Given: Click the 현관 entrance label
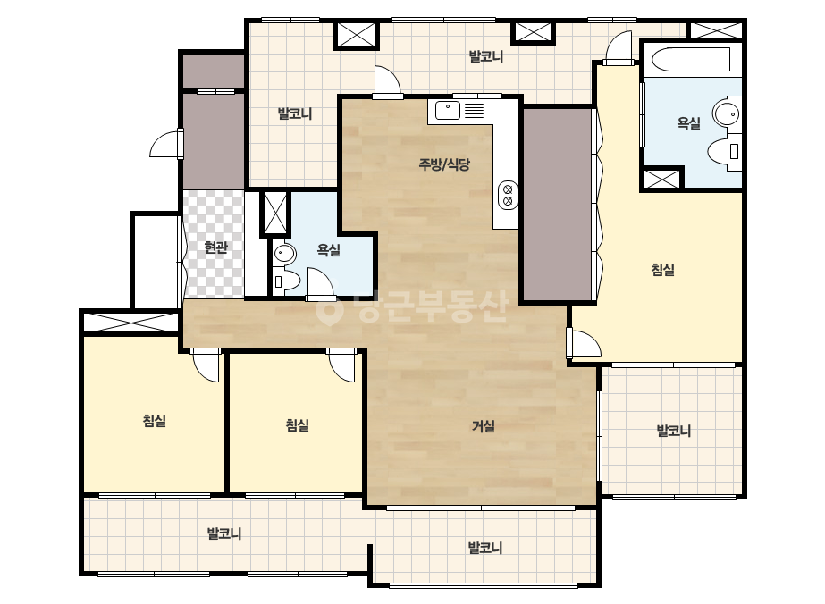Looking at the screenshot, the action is [x=215, y=247].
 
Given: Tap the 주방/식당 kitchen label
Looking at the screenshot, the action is [x=444, y=164].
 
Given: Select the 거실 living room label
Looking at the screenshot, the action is [x=483, y=426].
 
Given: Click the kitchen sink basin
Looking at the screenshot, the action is [x=447, y=111].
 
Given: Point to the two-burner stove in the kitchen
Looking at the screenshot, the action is [x=508, y=195].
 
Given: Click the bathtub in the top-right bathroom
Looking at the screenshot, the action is [x=691, y=60].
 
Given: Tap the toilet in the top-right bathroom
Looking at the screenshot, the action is [x=725, y=151].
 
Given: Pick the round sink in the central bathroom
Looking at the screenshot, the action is [x=284, y=255].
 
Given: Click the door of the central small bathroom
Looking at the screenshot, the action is [x=320, y=285].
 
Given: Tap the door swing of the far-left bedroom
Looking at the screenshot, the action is [x=206, y=365].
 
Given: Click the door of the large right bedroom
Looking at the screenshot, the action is [x=584, y=344].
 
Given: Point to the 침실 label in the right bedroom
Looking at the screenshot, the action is [x=663, y=270].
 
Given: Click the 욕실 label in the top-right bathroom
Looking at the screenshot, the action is [x=688, y=123].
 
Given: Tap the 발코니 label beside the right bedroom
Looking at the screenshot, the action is [x=673, y=431].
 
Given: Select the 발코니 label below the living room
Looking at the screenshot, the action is [x=484, y=548].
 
